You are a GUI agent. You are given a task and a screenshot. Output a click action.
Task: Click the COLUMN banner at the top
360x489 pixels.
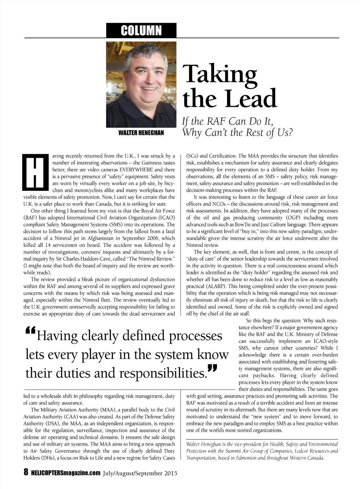(x=141, y=31)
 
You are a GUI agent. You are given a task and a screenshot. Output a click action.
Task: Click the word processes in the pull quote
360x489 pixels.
(x=195, y=336)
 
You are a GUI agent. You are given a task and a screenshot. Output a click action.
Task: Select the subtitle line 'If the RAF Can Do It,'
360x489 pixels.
(x=227, y=121)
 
